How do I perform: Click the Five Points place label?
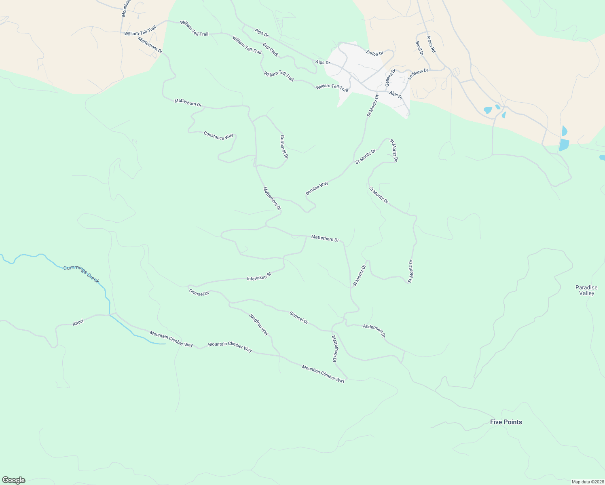(x=506, y=422)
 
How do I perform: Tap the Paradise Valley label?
(x=586, y=290)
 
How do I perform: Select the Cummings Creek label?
(x=81, y=274)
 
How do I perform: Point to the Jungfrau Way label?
(x=258, y=325)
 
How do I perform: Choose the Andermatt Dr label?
(x=374, y=331)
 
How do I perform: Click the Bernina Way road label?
(x=317, y=188)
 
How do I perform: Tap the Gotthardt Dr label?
(x=284, y=146)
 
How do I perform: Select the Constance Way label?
(x=218, y=136)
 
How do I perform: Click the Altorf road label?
(x=78, y=323)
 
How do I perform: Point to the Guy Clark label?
(x=271, y=50)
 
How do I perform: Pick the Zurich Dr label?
(x=374, y=53)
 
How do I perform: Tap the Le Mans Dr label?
(x=418, y=74)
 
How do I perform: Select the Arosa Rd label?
(x=431, y=44)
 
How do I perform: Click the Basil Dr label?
(x=419, y=48)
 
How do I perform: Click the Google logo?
(x=13, y=480)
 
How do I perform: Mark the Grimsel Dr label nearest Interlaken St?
(x=199, y=292)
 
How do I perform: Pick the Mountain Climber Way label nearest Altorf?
(x=171, y=339)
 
